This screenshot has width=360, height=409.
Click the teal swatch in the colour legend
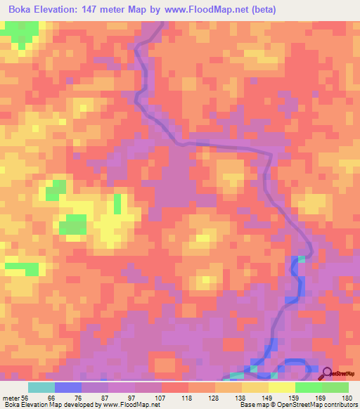tap(41, 387)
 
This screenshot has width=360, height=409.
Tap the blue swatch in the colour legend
tap(68, 387)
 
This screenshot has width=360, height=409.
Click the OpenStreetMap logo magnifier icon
tap(326, 373)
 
